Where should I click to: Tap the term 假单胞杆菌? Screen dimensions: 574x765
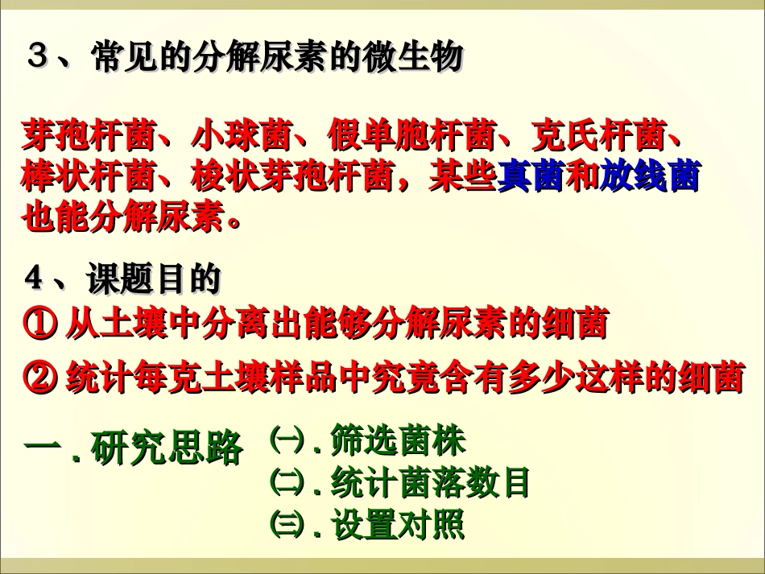410,135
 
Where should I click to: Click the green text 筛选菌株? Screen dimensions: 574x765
399,440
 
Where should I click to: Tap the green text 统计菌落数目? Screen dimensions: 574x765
432,483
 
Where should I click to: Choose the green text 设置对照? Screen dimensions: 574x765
399,526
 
